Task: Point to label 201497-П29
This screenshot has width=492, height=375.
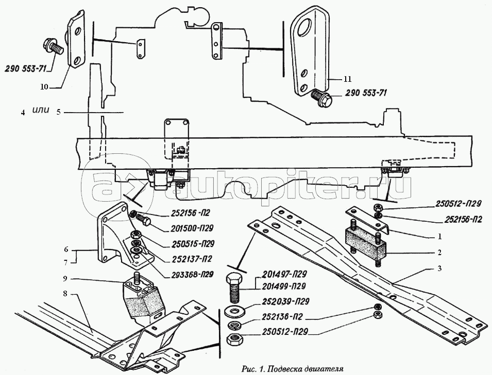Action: point(284,274)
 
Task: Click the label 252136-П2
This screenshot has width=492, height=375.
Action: point(282,317)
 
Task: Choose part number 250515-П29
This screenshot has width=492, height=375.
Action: point(192,244)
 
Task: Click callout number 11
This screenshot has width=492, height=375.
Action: point(347,79)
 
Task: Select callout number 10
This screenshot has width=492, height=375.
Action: point(44,87)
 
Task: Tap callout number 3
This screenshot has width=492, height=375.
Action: point(439,269)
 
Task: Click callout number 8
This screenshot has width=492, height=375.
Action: point(65,294)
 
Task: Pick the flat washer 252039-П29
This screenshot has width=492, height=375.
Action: point(234,311)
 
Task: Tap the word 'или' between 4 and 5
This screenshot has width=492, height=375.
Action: point(41,110)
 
